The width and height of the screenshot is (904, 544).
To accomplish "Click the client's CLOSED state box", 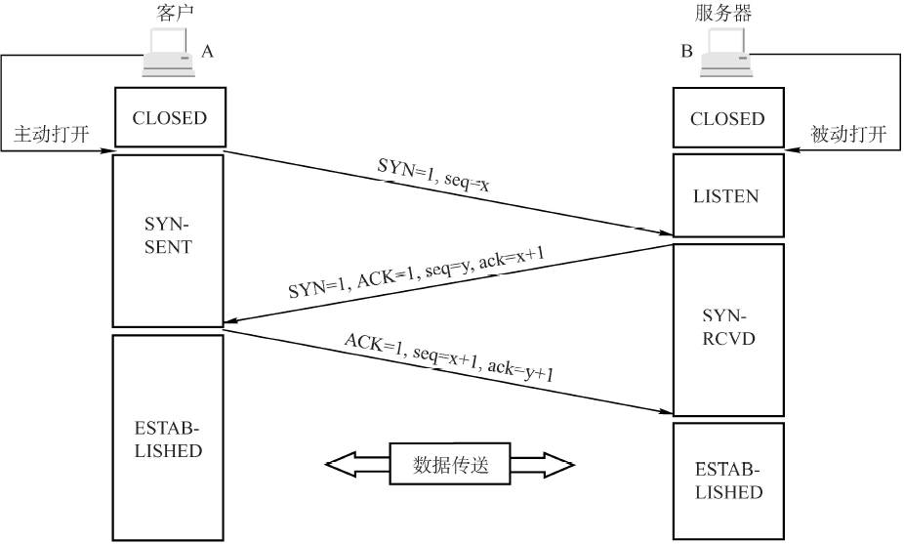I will (170, 118).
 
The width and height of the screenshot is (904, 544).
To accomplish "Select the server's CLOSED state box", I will (727, 119).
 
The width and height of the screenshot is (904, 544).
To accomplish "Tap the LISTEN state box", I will (727, 195).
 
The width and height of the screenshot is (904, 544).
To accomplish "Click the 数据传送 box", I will (450, 465).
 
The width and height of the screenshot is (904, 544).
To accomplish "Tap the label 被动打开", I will (848, 134).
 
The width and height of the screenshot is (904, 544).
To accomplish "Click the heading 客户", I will (170, 14).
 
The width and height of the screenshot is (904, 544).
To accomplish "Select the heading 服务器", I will (723, 14).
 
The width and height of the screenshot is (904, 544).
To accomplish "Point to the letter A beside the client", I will (207, 51).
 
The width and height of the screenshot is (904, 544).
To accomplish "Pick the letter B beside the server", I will (687, 51).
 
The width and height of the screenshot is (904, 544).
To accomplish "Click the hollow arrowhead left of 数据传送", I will (344, 465).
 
